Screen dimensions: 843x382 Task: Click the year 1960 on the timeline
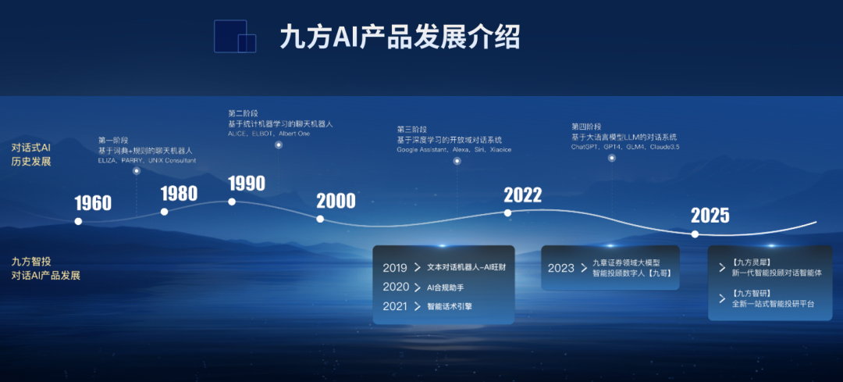[x=93, y=203]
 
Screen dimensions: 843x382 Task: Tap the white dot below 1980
[x=165, y=212]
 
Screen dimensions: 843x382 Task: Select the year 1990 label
[x=247, y=184]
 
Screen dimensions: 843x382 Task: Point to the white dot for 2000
[x=320, y=219]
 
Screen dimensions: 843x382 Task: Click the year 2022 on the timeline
[x=522, y=195]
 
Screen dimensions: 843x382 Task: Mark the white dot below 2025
[x=695, y=234]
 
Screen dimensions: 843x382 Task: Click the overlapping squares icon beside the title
[x=235, y=36]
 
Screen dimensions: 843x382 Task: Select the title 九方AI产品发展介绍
[x=400, y=37]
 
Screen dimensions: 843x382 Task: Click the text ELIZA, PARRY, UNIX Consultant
[x=147, y=160]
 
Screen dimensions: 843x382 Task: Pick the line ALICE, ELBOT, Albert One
[x=269, y=134]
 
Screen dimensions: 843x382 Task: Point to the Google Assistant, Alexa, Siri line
[x=454, y=149]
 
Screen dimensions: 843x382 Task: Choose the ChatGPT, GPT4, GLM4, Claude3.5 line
[x=625, y=146]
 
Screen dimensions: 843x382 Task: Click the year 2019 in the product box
[x=396, y=268]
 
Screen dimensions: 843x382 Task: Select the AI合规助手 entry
[x=445, y=287]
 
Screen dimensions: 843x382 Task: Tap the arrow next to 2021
[x=418, y=307]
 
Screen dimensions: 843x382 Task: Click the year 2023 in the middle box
[x=560, y=268]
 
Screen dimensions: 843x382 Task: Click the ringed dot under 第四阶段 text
[x=612, y=158]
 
